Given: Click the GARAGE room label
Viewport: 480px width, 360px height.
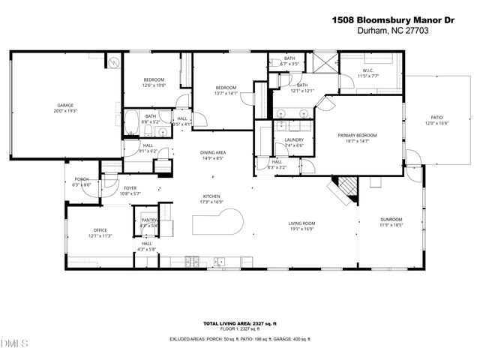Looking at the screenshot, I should (x=65, y=106).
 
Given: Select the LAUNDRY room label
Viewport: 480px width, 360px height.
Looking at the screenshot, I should (x=294, y=140).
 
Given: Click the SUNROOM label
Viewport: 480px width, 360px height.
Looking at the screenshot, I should (x=391, y=220).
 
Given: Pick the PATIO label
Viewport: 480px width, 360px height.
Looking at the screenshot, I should (x=436, y=118).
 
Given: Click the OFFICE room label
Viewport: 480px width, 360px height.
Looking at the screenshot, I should (x=100, y=230).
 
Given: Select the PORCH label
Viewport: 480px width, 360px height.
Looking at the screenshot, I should (x=82, y=179).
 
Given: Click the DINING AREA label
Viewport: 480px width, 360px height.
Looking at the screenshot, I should (x=213, y=153).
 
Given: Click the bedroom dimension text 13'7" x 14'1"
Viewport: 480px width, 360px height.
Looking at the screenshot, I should (x=226, y=93).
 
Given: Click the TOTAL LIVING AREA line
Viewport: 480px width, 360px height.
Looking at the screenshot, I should (x=239, y=322).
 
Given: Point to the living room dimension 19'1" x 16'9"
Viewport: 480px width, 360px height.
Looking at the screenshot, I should (x=303, y=229).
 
